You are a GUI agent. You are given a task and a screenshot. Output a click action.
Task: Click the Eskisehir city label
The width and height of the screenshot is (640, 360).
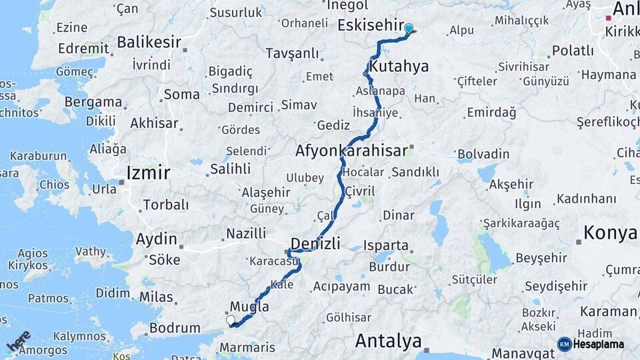370,25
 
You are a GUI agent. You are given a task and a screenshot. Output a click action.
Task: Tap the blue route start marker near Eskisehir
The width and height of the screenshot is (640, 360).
409,29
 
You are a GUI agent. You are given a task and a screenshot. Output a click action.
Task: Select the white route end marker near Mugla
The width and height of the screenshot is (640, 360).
231,320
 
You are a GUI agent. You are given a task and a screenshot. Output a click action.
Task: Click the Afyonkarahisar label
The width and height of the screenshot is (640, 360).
351,151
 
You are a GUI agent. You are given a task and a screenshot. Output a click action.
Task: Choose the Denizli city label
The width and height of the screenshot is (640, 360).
316,242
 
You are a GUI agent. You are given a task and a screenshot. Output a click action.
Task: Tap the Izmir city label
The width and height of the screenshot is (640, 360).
149,173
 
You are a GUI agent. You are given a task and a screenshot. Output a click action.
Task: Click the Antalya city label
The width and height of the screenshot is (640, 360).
388,341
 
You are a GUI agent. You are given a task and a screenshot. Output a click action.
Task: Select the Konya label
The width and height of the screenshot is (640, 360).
611,233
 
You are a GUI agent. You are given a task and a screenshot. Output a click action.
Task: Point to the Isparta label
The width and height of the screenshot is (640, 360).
386,245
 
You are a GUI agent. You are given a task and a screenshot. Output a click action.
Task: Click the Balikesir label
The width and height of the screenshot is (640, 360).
149,42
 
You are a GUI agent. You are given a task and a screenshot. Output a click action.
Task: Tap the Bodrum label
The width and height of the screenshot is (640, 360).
175,328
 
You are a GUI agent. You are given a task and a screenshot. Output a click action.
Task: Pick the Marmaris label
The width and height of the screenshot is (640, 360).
247,347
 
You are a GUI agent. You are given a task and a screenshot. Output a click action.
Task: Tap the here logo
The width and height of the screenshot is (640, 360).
19,341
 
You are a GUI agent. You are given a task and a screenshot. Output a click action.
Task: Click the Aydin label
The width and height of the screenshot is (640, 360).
157,239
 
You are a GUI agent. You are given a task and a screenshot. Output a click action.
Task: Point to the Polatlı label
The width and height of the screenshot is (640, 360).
573,51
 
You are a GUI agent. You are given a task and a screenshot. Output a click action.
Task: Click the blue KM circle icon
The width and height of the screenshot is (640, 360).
565,344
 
